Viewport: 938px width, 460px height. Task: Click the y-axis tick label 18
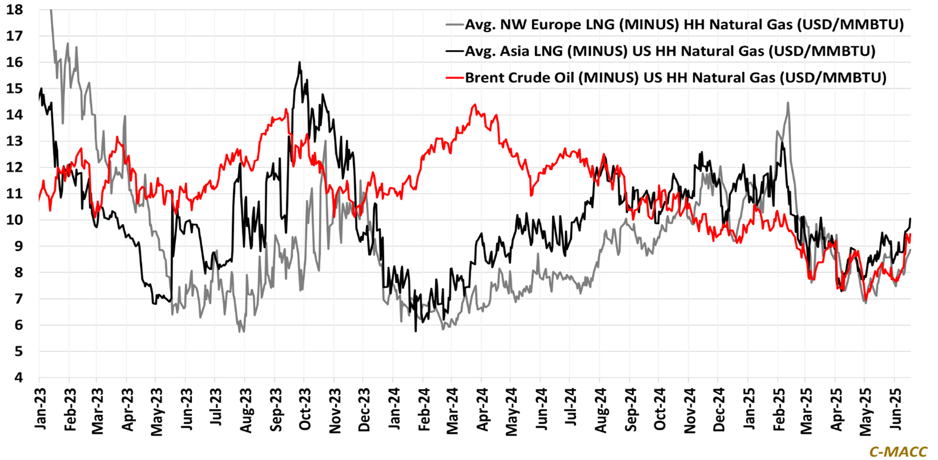pos(15,10)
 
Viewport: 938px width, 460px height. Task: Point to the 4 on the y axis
pos(18,378)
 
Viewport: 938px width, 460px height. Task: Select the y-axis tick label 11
pos(15,194)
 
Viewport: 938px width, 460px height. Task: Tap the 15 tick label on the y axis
pos(15,89)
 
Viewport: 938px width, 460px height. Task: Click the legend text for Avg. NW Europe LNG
pos(684,25)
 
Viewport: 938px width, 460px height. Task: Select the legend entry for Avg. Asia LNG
pos(670,51)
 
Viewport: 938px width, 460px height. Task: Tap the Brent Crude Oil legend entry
pos(676,78)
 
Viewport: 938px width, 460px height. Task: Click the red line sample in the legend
pos(454,78)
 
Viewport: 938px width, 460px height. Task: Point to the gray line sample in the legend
pos(454,25)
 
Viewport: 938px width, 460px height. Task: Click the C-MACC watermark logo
pos(898,451)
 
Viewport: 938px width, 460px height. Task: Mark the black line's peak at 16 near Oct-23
pos(299,62)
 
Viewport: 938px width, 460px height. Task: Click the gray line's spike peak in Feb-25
pos(788,103)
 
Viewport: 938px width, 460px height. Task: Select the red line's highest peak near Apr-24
pos(474,105)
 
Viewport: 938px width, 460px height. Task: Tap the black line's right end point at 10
pos(911,220)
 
